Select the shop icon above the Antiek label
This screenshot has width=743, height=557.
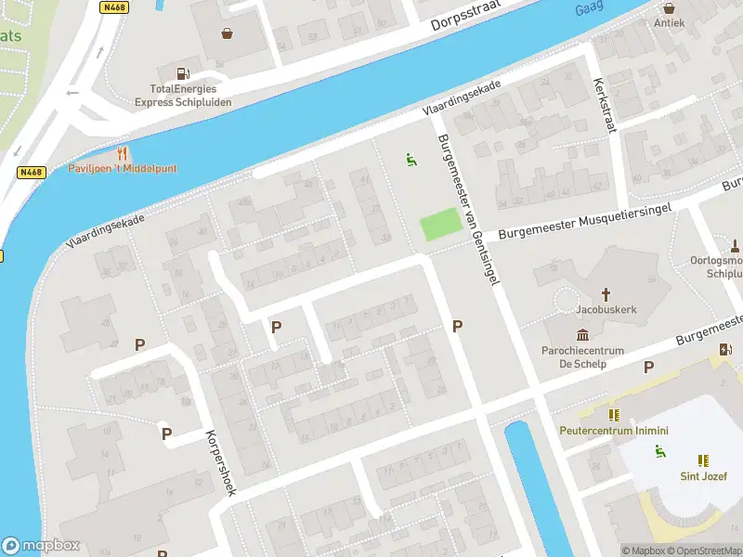tap(669, 5)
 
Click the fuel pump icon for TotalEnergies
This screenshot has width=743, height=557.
tap(183, 73)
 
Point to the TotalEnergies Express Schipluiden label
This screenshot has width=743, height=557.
tap(183, 96)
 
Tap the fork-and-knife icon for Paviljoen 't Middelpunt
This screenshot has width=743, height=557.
tap(122, 153)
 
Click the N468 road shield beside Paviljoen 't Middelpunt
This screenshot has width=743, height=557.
tap(31, 172)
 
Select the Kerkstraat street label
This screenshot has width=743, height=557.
tap(605, 103)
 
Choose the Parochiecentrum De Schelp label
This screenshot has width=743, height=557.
tap(582, 356)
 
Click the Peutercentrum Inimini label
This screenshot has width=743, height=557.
tap(613, 431)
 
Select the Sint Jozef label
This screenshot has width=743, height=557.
tap(703, 477)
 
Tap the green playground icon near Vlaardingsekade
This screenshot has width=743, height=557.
tap(411, 160)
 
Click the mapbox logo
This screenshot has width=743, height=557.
tap(41, 546)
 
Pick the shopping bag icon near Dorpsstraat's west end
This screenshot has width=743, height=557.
tap(227, 33)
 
